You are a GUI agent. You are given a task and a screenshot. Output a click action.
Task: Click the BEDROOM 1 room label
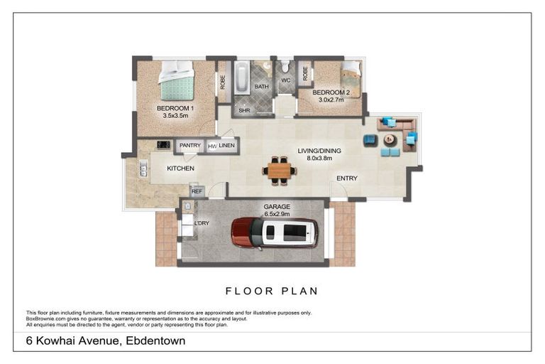click(175, 108)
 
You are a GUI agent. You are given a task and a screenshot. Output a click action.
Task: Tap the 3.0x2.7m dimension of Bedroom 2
click(331, 100)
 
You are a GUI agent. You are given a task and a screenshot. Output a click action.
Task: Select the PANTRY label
click(189, 145)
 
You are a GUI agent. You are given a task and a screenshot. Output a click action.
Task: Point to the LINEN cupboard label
click(226, 145)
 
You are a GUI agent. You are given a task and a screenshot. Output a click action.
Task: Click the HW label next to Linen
click(212, 146)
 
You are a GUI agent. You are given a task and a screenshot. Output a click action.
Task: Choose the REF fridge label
click(197, 191)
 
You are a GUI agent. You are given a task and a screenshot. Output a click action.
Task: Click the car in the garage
click(275, 232)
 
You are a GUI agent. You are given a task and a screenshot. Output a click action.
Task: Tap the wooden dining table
click(280, 171)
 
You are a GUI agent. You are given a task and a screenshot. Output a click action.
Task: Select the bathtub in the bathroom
click(242, 77)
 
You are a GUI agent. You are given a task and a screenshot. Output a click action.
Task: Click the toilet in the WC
click(285, 65)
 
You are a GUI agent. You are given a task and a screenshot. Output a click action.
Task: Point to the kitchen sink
click(143, 168)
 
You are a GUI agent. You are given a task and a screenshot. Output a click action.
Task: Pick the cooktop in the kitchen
click(163, 144)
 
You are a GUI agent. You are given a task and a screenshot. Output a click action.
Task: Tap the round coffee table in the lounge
click(390, 140)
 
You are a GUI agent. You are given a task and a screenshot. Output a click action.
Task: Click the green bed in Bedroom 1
click(177, 80)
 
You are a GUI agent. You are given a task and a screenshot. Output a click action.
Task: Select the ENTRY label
click(347, 178)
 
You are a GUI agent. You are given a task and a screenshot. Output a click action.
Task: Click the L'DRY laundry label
click(202, 223)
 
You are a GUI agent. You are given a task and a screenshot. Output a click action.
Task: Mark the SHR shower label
click(244, 110)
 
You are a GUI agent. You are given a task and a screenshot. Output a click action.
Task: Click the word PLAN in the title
click(299, 291)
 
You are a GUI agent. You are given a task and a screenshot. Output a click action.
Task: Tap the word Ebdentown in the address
click(155, 341)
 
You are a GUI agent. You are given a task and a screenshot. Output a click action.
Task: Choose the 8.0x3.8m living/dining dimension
click(319, 158)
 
